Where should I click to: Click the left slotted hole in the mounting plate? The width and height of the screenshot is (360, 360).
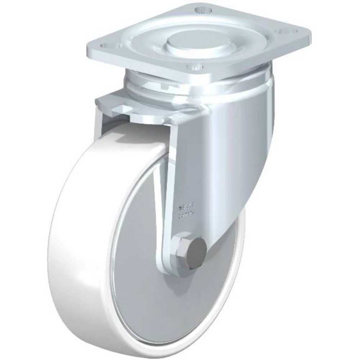108,45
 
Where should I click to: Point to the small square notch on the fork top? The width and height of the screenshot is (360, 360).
119,109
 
